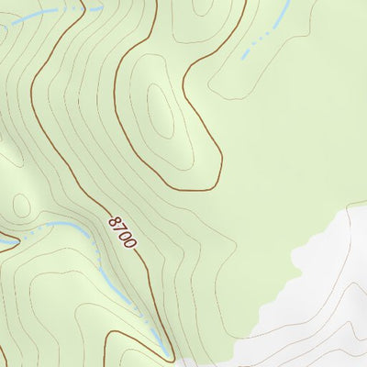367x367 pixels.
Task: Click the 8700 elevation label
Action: (x=122, y=232)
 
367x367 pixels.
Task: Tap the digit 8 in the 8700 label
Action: (x=114, y=221)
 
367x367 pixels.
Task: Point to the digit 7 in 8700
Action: (x=119, y=228)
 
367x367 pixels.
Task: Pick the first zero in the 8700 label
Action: (x=125, y=236)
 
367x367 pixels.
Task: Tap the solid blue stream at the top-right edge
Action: (x=280, y=13)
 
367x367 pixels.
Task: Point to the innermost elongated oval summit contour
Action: (x=161, y=110)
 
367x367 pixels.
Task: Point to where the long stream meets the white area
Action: (x=169, y=354)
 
